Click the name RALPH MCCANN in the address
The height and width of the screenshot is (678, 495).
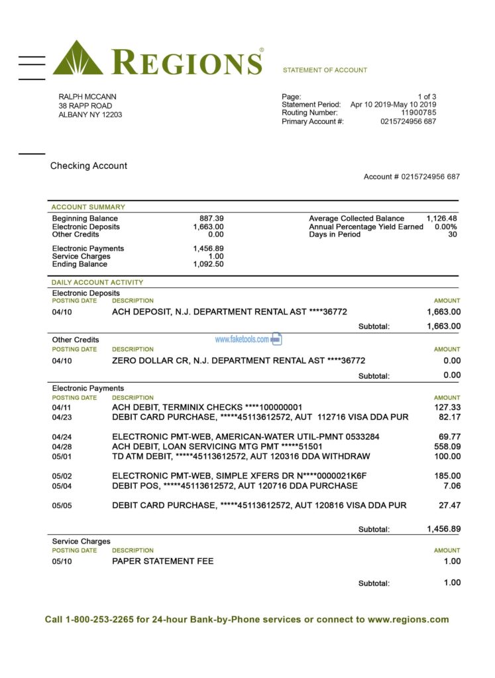87,97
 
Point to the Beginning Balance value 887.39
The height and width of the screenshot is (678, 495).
211,218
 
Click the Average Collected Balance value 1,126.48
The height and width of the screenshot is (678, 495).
441,218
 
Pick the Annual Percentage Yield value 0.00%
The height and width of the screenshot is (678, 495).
445,226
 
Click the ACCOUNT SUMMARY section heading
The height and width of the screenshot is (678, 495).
88,207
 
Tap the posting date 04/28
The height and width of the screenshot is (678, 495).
62,447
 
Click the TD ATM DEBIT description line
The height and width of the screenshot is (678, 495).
241,457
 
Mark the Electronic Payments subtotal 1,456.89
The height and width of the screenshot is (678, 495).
443,529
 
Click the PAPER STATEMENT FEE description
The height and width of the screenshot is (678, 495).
163,561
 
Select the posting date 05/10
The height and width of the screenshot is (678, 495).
62,561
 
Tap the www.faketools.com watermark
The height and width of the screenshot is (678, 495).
242,339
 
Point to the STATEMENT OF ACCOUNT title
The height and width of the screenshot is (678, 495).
325,70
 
